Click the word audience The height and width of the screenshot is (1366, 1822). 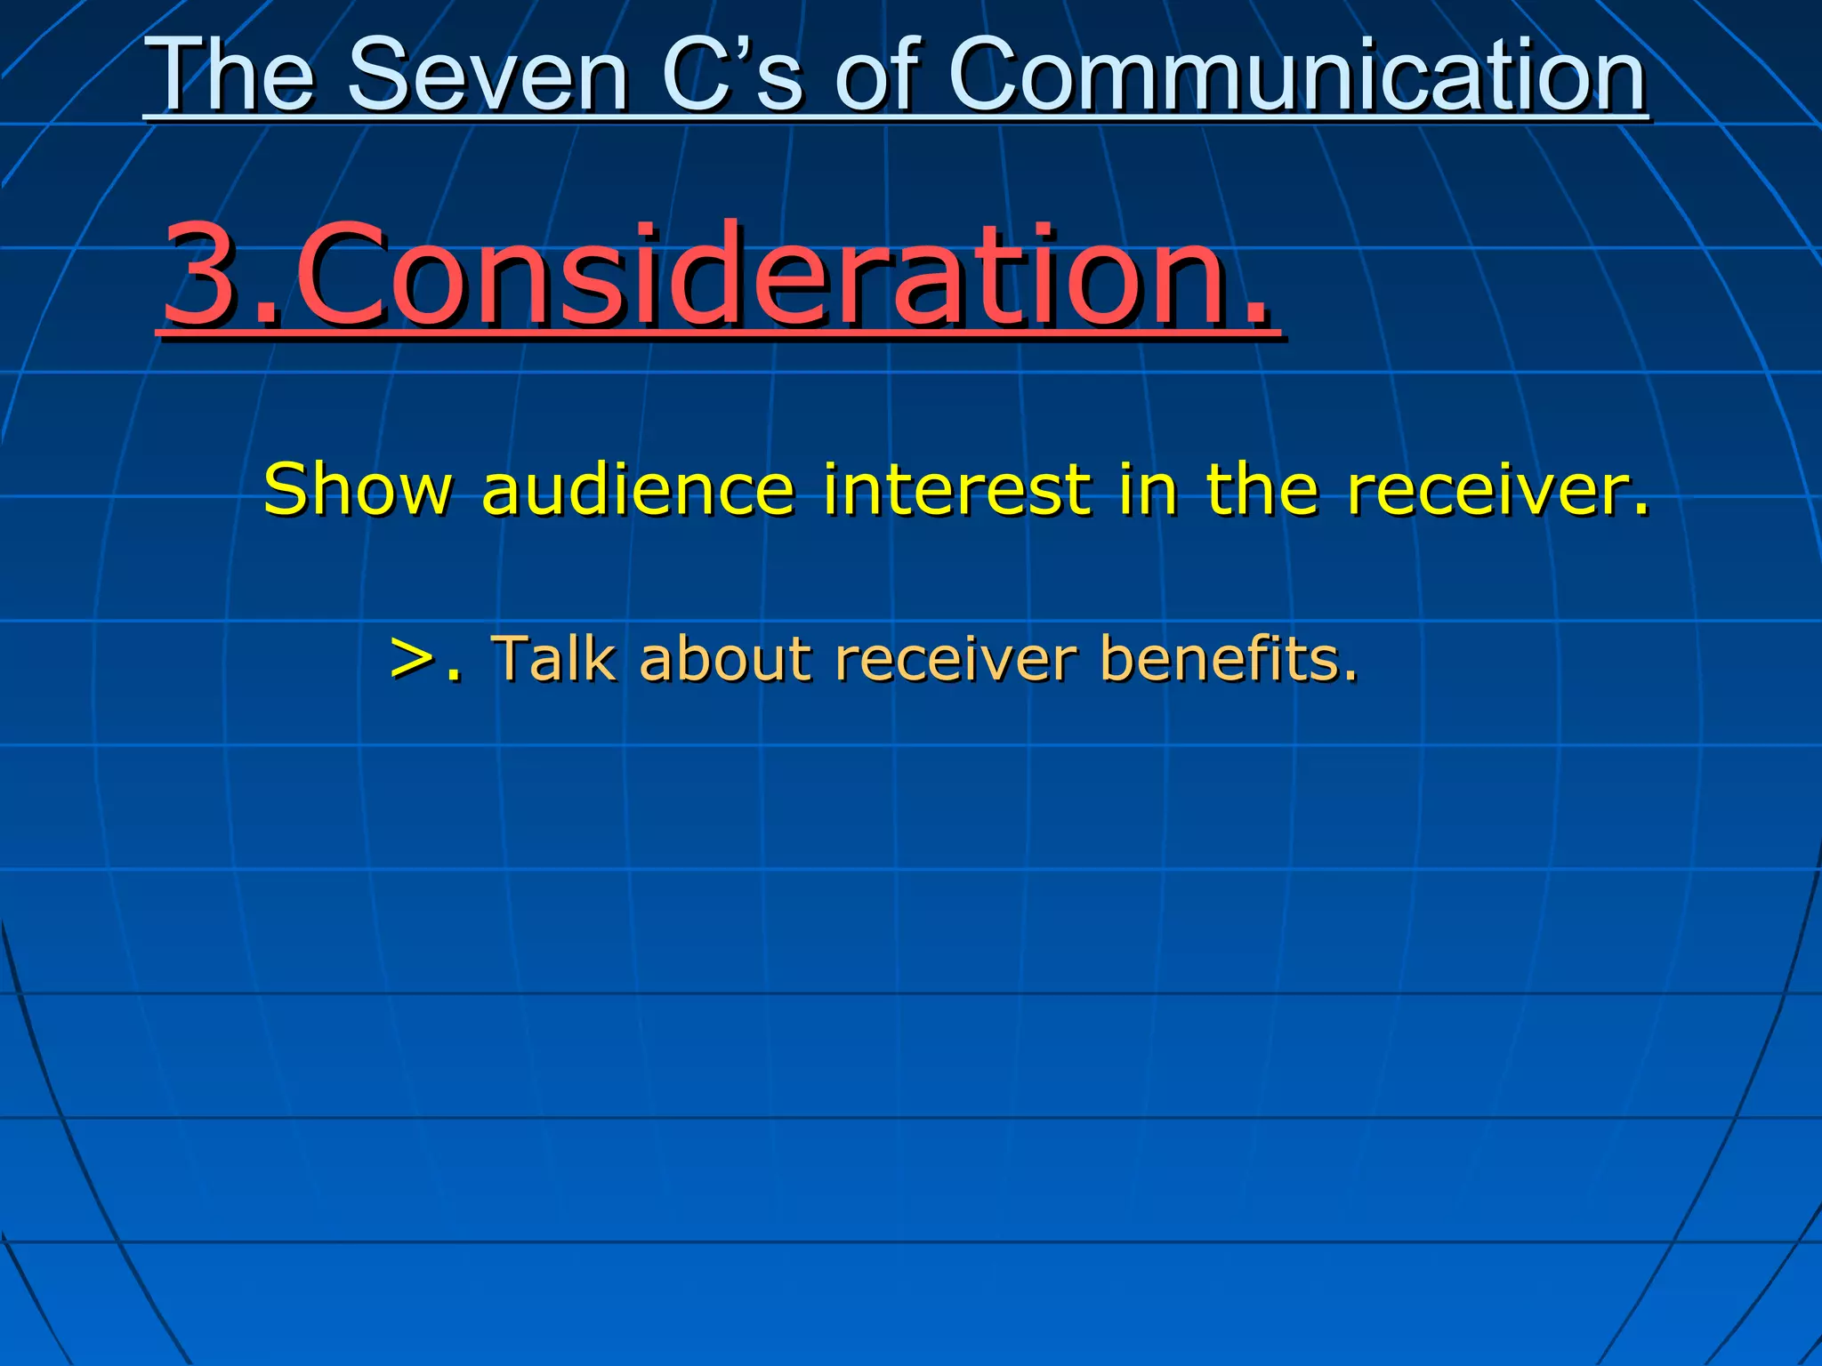tap(637, 489)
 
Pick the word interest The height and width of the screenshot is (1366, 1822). tap(956, 489)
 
